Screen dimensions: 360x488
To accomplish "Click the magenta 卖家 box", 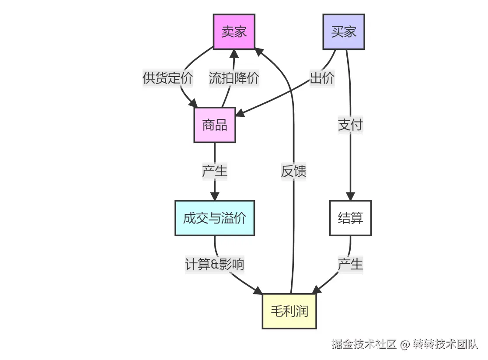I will click(x=234, y=31).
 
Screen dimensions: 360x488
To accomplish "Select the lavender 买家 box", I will click(x=344, y=31).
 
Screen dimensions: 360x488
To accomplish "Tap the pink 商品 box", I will click(x=215, y=125).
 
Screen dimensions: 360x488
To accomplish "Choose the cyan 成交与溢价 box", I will click(x=215, y=218).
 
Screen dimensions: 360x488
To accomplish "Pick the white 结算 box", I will click(x=350, y=218).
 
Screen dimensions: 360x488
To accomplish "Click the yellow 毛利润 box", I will click(x=289, y=311).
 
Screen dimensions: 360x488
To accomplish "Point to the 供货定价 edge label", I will click(x=168, y=78).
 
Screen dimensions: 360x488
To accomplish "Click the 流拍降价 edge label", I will click(x=234, y=78).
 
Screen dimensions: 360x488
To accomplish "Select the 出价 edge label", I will click(x=322, y=78).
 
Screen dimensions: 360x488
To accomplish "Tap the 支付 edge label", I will click(x=350, y=125).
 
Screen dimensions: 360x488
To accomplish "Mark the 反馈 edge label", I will click(x=293, y=171).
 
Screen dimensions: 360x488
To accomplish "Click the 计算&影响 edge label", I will click(x=215, y=264).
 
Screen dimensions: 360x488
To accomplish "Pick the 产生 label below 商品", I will click(x=215, y=171).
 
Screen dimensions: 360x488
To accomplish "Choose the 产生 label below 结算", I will click(x=350, y=264).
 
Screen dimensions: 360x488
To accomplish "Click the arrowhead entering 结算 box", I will click(x=350, y=196).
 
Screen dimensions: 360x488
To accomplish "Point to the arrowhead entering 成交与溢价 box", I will click(x=215, y=196).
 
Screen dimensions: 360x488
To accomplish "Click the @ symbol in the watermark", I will click(x=404, y=344).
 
